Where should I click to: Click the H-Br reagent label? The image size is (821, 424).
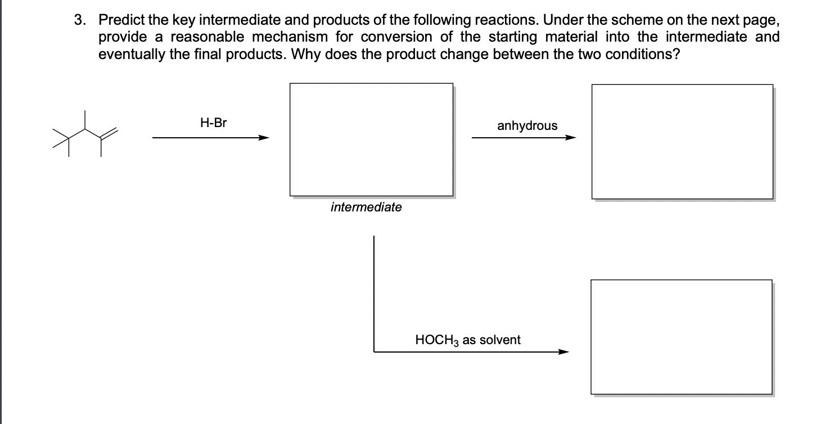(213, 123)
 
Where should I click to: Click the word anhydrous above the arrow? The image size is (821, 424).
(527, 125)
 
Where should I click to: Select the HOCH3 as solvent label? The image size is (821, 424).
(467, 340)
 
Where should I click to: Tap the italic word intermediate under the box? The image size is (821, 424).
(366, 208)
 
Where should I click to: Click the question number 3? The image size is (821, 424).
(81, 20)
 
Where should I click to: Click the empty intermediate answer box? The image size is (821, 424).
(371, 139)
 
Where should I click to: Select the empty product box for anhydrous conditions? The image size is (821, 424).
(682, 141)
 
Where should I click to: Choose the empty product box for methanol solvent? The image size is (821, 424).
(681, 336)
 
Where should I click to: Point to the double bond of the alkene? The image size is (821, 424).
(109, 133)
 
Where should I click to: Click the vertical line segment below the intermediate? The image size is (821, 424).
(374, 292)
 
